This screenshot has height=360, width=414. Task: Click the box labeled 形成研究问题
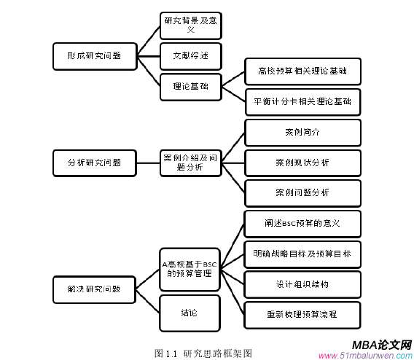tap(94, 55)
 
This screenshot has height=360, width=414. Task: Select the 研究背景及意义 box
tap(190, 25)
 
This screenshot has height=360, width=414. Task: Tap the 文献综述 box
tap(190, 55)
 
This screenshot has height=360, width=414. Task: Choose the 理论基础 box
tap(190, 86)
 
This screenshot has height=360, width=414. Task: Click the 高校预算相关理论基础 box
tap(302, 71)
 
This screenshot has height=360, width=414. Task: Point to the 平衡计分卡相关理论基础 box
tap(302, 101)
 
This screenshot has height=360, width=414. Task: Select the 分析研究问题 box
tap(94, 162)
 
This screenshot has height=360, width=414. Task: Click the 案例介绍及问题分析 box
tap(190, 162)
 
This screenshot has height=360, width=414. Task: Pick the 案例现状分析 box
tap(302, 162)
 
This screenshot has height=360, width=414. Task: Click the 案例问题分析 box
tap(302, 192)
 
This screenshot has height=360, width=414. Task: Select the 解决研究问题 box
tap(94, 289)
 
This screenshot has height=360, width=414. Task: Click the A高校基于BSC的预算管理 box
tap(190, 268)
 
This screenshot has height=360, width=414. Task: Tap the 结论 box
tap(190, 313)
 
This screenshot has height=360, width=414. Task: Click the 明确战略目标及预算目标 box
tap(302, 254)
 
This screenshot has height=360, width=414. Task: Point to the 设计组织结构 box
tap(302, 283)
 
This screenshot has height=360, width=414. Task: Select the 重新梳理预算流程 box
tap(302, 314)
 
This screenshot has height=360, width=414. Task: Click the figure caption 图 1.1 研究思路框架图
tap(203, 353)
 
